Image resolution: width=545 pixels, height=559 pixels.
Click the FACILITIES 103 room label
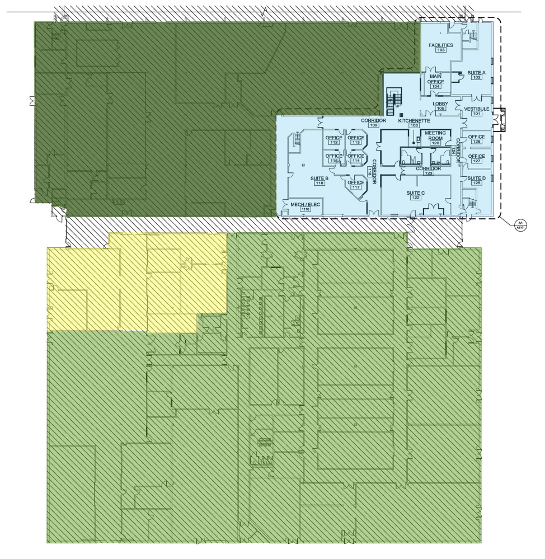click(x=441, y=47)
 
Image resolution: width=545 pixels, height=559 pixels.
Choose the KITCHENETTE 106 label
click(x=414, y=123)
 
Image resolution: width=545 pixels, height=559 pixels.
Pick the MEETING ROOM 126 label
click(x=435, y=138)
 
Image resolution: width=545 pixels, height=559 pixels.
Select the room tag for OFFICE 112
click(x=334, y=140)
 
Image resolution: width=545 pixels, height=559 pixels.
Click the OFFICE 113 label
click(x=356, y=140)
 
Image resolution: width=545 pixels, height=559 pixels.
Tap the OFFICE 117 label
click(x=356, y=185)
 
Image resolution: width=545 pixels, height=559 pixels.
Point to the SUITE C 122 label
click(x=416, y=195)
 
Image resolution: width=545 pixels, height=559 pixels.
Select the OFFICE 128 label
click(x=476, y=139)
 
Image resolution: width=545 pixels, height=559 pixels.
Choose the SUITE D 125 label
click(x=476, y=180)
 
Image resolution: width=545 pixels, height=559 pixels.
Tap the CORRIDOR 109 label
click(x=374, y=123)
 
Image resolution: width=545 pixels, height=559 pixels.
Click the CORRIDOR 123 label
click(x=429, y=170)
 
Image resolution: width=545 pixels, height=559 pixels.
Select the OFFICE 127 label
click(x=476, y=158)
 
